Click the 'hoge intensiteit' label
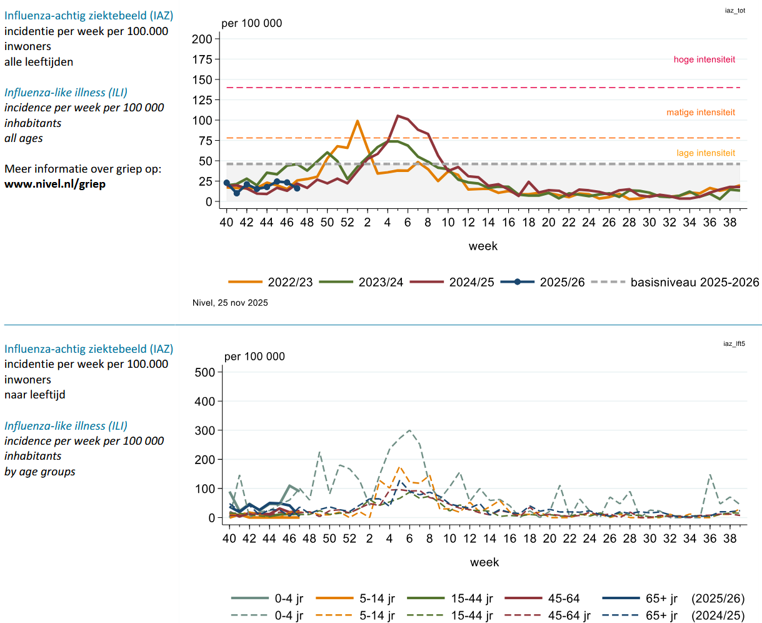tap(704, 60)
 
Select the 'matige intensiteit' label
tap(701, 113)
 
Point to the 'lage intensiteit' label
tap(706, 153)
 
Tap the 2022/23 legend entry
tap(270, 282)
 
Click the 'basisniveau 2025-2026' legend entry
tap(675, 282)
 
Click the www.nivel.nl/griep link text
tap(55, 184)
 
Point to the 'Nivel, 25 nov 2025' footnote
tap(230, 303)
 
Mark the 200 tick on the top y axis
tap(202, 39)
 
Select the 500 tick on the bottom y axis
tap(204, 372)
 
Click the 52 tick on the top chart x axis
tap(347, 222)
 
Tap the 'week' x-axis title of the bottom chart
tap(484, 562)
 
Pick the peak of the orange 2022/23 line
tap(357, 121)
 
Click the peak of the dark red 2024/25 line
tap(398, 116)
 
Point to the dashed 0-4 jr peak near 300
tap(409, 430)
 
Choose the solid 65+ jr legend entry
tap(641, 599)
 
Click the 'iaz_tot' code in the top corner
tap(735, 11)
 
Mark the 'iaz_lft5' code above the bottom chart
tap(734, 343)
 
